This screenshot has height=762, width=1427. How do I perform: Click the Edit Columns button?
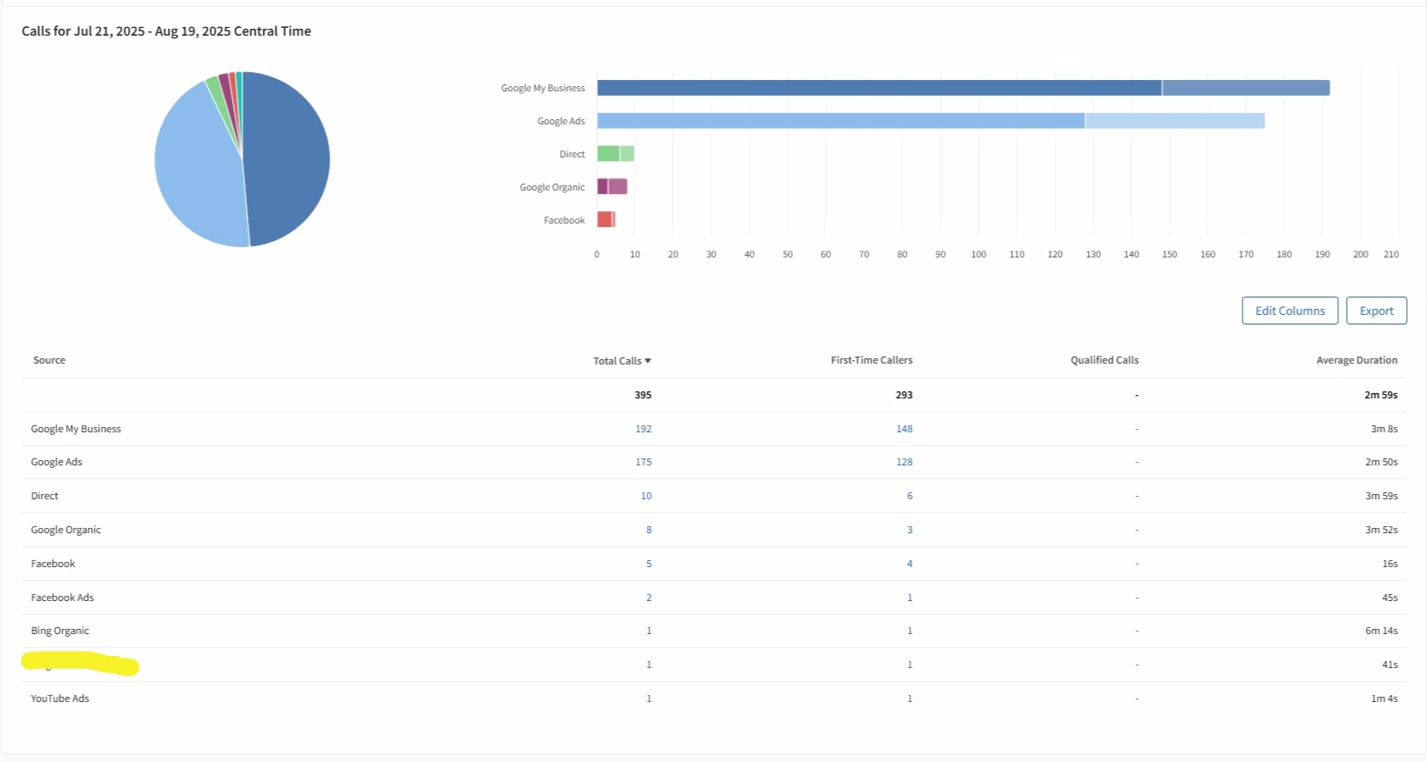pos(1290,311)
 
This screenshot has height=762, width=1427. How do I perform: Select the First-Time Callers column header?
pos(871,360)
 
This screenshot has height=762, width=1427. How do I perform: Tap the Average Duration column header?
pos(1357,360)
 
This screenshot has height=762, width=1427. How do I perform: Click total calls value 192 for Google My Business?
pos(643,429)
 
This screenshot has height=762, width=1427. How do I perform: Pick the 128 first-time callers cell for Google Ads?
pos(904,462)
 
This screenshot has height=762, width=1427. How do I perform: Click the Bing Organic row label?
pos(60,631)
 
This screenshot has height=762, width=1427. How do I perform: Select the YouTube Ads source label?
pos(60,698)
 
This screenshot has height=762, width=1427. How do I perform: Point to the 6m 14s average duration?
pos(1381,631)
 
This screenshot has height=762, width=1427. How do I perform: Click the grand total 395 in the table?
pos(643,395)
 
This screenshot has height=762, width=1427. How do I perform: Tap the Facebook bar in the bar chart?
pos(605,220)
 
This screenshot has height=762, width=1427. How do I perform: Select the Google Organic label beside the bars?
pos(552,187)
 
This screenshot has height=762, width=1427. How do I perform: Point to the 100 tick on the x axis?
pos(978,255)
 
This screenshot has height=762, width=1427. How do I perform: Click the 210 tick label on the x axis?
pos(1391,255)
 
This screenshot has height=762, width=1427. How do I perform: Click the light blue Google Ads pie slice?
pos(196,174)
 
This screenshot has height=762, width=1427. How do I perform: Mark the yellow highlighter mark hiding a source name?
pos(80,664)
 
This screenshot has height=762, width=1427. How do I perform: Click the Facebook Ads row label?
pos(63,598)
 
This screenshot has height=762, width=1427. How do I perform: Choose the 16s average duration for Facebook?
pos(1390,564)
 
